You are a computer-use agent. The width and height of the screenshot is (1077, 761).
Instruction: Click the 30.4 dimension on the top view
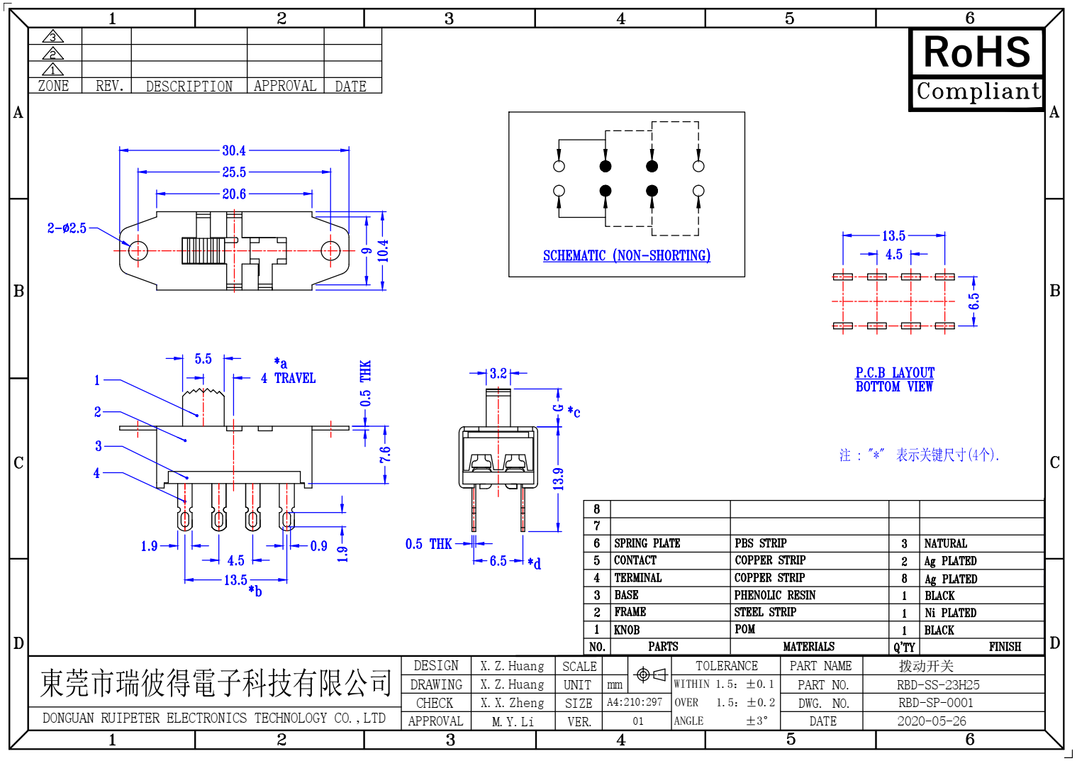(234, 150)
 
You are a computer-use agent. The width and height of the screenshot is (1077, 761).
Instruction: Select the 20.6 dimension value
(234, 194)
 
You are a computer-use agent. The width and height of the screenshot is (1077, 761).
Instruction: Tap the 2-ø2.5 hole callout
(67, 228)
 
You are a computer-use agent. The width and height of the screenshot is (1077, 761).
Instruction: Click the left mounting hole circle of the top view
(138, 250)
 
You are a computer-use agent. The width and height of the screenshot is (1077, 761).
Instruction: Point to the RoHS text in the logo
(976, 52)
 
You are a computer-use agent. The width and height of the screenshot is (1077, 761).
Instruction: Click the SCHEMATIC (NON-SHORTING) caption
(627, 255)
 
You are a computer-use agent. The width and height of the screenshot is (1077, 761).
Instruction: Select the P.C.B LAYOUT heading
(895, 372)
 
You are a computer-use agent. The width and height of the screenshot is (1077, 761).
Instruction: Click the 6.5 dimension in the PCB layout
(974, 301)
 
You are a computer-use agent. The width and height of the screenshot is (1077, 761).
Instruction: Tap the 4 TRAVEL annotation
(288, 378)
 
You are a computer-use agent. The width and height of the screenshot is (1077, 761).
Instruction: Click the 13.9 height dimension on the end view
(558, 479)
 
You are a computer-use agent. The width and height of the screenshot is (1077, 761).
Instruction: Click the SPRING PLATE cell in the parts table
(647, 543)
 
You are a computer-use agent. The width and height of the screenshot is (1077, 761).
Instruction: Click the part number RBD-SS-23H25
(938, 685)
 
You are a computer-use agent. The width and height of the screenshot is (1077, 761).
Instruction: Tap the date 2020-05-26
(932, 721)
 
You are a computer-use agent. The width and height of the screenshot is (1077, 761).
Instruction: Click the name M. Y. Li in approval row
(513, 721)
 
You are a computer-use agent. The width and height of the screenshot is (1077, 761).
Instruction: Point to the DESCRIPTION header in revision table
(189, 87)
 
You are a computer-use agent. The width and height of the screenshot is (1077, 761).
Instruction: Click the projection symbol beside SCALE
(650, 674)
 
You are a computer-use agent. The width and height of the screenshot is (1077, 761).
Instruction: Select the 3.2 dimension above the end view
(498, 373)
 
